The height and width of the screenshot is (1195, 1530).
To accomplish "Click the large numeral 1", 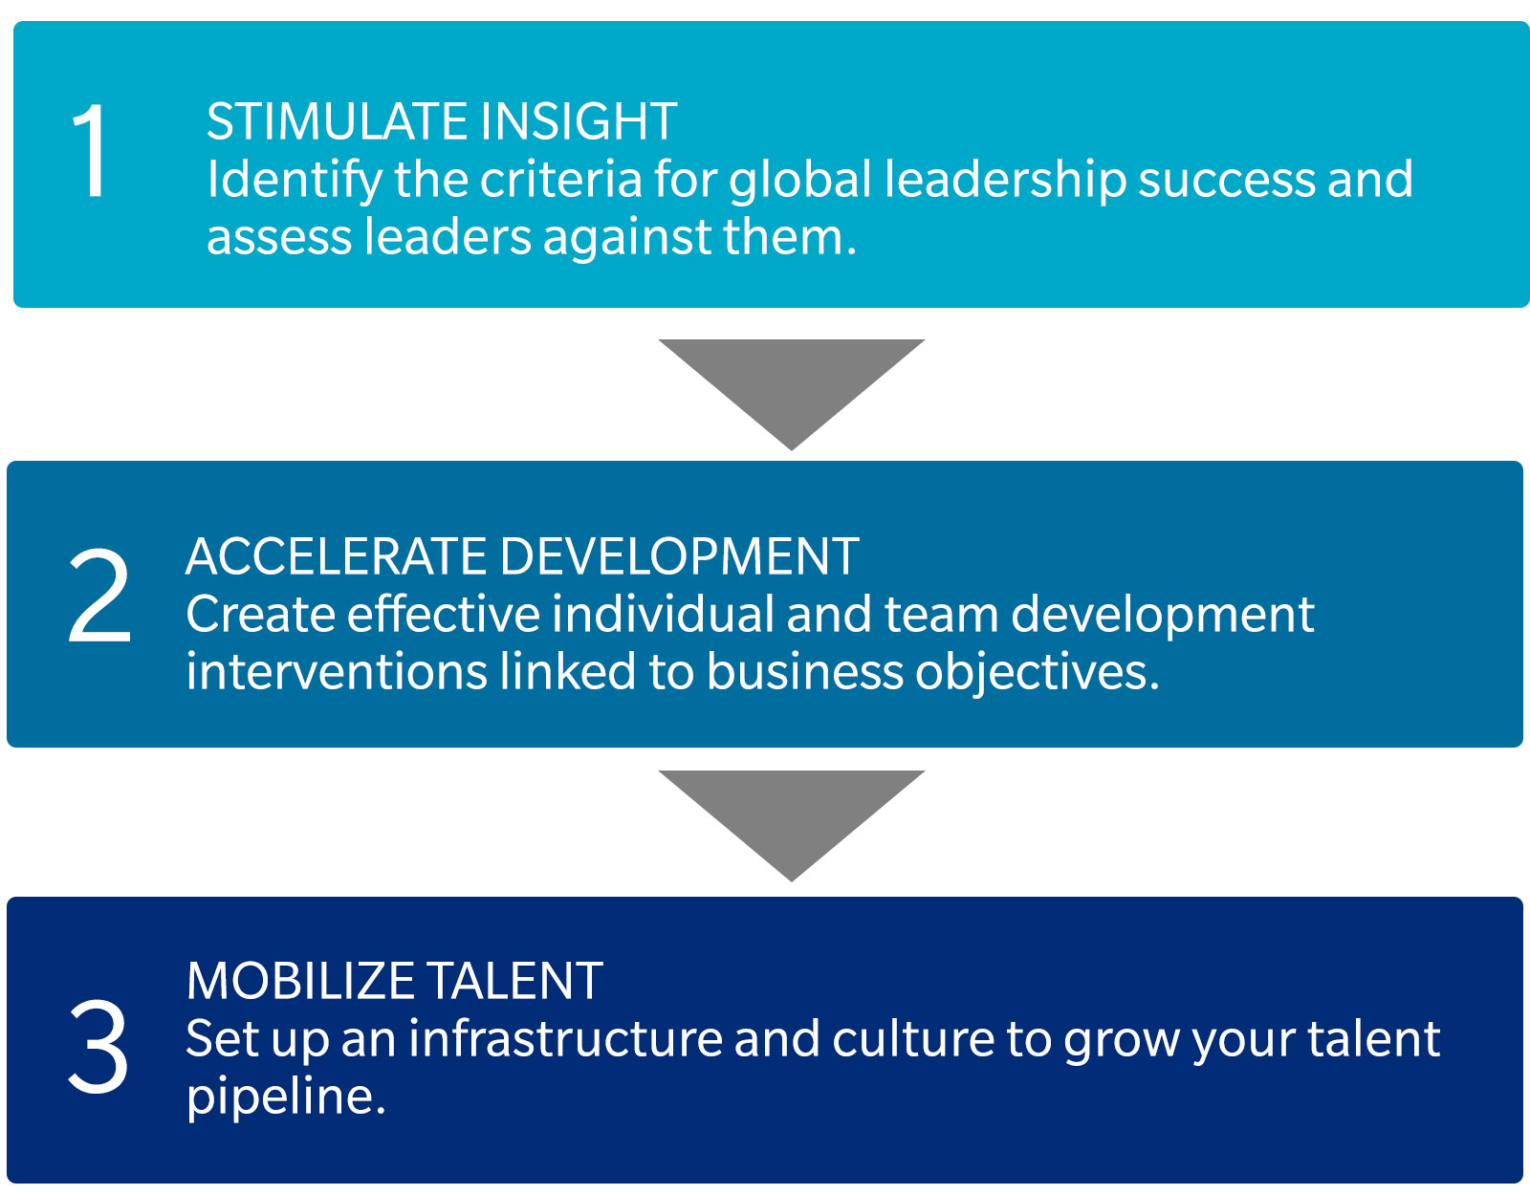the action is click(91, 150).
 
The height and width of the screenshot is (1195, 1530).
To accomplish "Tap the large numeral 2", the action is click(99, 596).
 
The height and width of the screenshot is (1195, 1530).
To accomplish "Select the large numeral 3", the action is click(98, 1046).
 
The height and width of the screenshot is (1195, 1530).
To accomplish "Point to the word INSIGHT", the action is click(579, 121).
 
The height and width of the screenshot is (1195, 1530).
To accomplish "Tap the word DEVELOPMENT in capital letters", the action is click(680, 556).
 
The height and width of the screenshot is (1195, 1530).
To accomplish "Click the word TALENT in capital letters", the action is click(514, 981).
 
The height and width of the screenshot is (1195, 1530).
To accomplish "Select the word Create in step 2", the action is click(260, 615).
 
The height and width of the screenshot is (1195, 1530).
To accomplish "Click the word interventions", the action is click(337, 672).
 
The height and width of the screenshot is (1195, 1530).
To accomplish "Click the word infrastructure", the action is click(565, 1039).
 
